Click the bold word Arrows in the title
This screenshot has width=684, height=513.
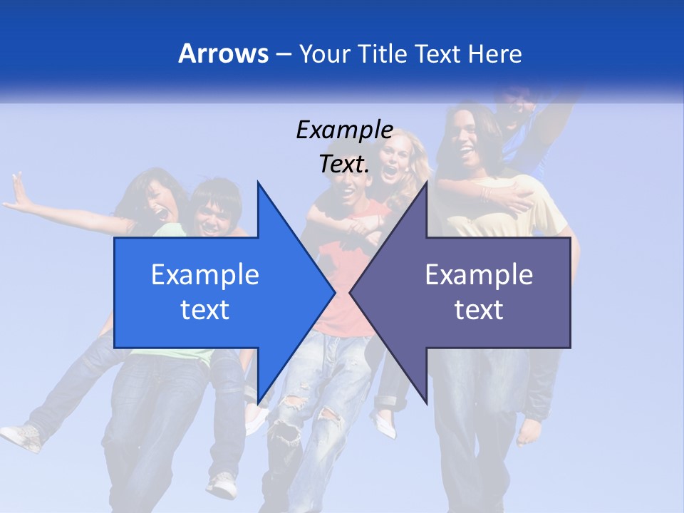tap(223, 53)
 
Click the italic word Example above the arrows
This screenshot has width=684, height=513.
tap(344, 130)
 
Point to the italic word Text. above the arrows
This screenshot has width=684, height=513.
tap(344, 165)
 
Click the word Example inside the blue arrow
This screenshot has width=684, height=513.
tap(205, 274)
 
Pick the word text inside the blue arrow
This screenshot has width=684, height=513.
tap(205, 309)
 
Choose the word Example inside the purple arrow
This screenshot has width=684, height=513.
tap(479, 274)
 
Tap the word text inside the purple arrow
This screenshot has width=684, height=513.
tap(479, 309)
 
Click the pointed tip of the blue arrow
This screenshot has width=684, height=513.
tap(334, 292)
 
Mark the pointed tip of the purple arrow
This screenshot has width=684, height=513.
tap(351, 292)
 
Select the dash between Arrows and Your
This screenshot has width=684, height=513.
tap(283, 53)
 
